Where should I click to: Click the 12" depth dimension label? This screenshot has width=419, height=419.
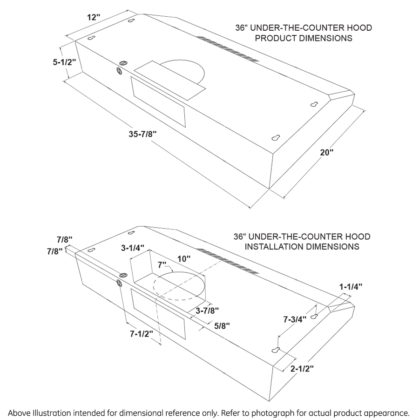94,17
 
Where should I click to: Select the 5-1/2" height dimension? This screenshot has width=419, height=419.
64,62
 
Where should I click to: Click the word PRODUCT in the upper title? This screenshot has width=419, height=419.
274,38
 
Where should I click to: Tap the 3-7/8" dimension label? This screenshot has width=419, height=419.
207,311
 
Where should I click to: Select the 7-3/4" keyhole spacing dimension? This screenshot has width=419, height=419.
295,320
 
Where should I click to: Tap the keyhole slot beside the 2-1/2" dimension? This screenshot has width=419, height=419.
276,350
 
